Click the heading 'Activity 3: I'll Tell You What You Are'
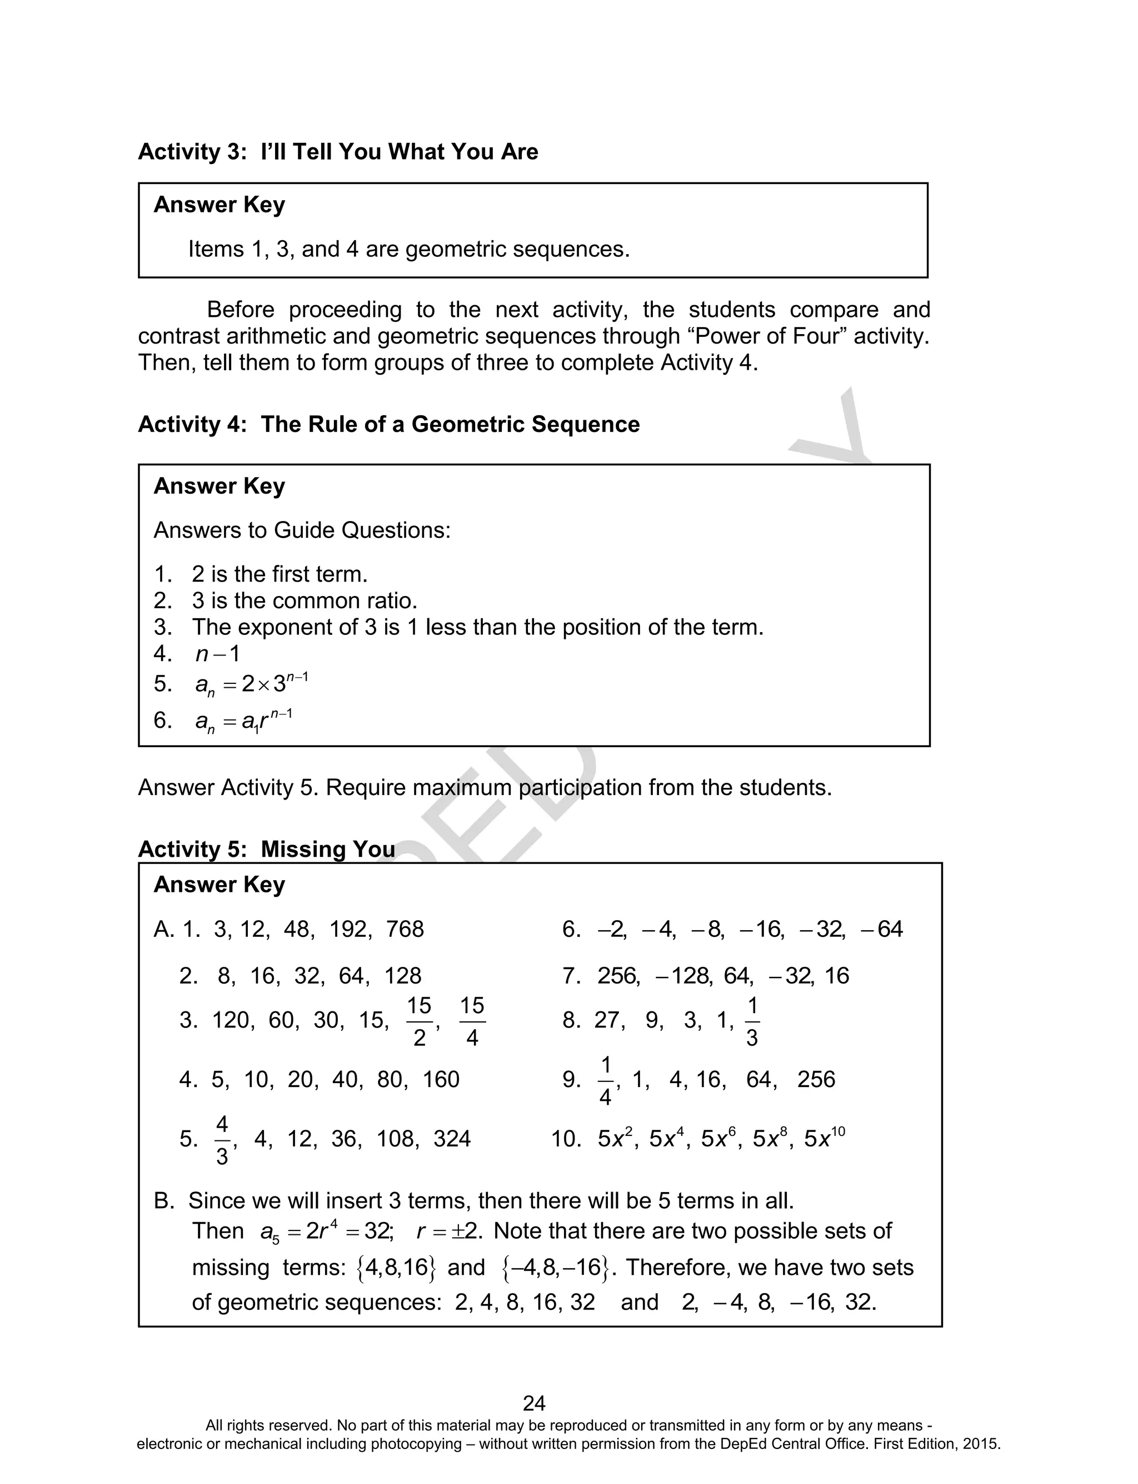[x=337, y=152]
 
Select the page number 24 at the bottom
[x=534, y=1403]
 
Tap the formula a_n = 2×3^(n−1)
[x=251, y=684]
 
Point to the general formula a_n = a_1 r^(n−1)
[x=243, y=721]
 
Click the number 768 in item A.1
[x=405, y=929]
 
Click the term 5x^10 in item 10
[x=825, y=1138]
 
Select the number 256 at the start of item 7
[x=617, y=976]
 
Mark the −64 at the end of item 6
[x=881, y=929]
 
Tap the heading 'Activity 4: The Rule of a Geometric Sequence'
[x=388, y=424]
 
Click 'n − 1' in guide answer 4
[x=217, y=653]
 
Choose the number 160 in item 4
[x=440, y=1079]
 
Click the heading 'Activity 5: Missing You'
[x=266, y=849]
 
